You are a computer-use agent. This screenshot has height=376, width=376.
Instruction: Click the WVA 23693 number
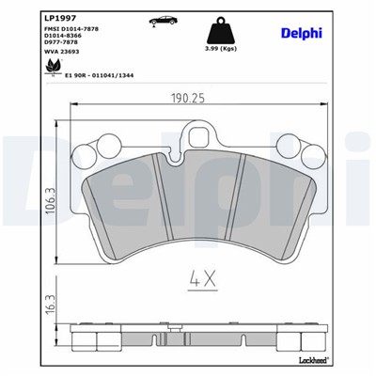pos(47,61)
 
